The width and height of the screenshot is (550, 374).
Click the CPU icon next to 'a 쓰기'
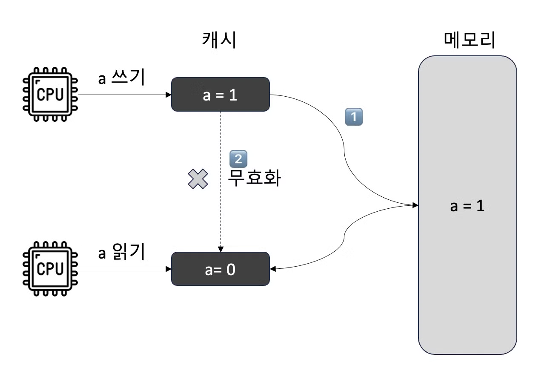click(50, 94)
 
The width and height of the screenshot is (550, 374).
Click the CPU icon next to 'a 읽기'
click(50, 269)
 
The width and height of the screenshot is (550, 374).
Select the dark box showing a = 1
click(220, 95)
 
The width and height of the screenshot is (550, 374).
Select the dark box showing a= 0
click(220, 269)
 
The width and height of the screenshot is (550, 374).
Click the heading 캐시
click(219, 41)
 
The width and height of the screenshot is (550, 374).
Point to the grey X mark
click(198, 179)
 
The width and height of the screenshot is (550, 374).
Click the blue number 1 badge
click(353, 117)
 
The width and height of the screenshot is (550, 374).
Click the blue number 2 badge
click(238, 159)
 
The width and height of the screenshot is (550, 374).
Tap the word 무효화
click(254, 178)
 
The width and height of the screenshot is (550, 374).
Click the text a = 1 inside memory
click(467, 207)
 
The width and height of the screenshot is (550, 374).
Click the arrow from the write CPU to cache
click(123, 95)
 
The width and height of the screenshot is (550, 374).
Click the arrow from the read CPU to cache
click(123, 269)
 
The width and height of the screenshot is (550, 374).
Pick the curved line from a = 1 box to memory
click(344, 145)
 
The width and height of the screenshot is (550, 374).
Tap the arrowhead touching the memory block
click(415, 206)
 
